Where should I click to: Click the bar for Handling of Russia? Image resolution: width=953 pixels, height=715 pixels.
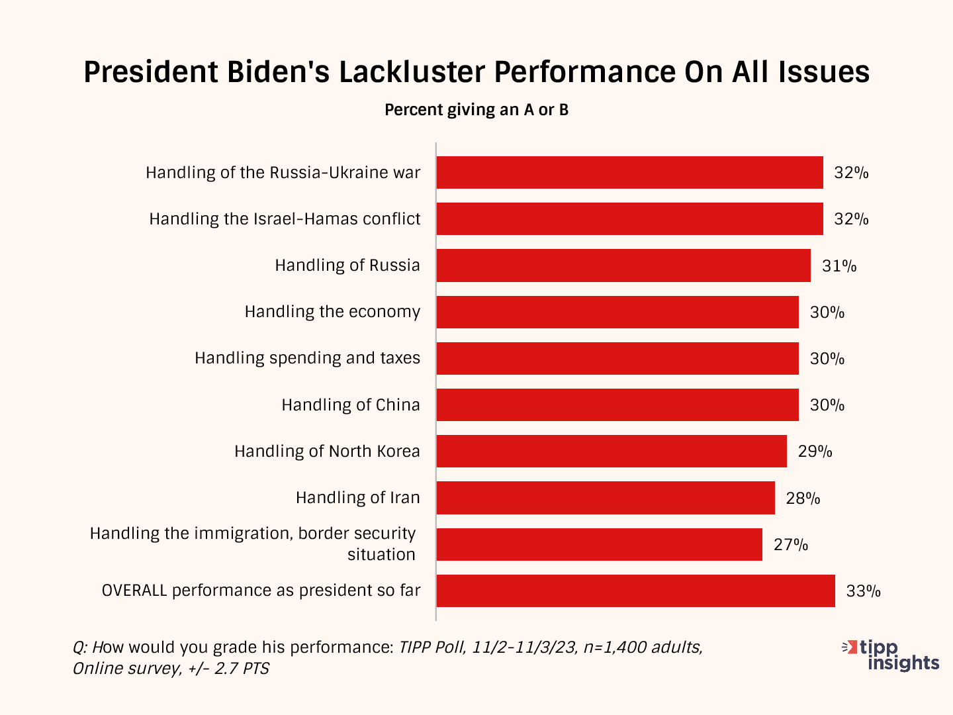tap(623, 265)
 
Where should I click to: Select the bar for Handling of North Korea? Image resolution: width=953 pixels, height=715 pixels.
tap(612, 451)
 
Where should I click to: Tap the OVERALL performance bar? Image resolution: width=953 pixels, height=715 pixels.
tap(635, 591)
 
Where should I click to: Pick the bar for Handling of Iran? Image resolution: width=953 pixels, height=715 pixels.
tap(606, 498)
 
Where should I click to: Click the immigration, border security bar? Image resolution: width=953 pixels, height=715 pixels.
tap(599, 544)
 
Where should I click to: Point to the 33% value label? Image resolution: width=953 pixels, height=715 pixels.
tap(863, 591)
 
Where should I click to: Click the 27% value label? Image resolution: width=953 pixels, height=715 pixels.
tap(791, 544)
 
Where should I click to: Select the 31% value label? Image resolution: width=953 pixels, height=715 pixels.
tap(839, 265)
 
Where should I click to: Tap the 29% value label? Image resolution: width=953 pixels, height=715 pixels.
tap(815, 451)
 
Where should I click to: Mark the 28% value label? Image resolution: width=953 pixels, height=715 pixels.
tap(803, 498)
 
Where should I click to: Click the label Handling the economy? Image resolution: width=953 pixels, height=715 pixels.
tap(332, 312)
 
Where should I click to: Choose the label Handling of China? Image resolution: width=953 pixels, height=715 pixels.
tap(351, 405)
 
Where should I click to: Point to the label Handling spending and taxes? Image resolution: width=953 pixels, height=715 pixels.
tap(307, 358)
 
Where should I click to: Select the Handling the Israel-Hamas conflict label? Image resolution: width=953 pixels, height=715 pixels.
tap(285, 219)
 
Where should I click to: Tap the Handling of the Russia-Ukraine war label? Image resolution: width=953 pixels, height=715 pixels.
tap(283, 173)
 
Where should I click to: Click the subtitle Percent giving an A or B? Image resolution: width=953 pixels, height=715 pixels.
tap(476, 110)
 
